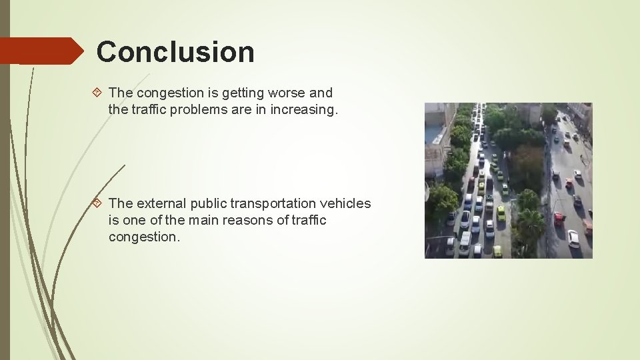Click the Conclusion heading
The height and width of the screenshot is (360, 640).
point(175,52)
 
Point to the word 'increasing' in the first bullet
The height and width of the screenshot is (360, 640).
point(304,109)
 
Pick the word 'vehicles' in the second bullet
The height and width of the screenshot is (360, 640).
point(347,203)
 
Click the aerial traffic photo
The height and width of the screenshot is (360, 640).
point(509,180)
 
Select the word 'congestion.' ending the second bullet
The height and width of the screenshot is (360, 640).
point(144,237)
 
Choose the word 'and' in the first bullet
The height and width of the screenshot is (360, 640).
point(321,93)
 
